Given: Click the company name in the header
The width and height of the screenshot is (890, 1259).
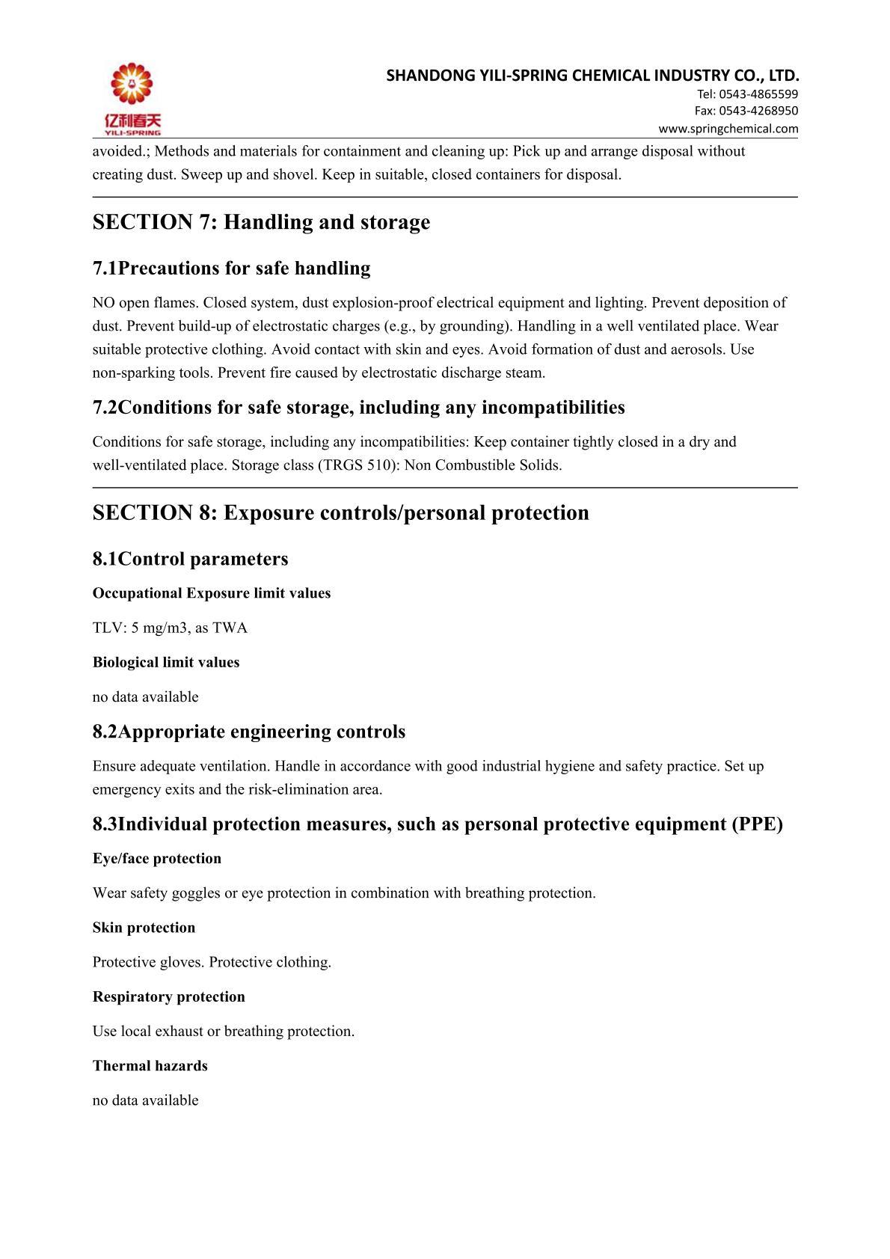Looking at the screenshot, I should pos(592,76).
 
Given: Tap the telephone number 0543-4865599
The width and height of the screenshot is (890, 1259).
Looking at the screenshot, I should pos(758,94).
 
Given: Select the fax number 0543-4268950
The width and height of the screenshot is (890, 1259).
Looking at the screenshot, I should pos(758,111).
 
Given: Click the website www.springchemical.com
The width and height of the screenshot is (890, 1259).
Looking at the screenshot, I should pos(728,129).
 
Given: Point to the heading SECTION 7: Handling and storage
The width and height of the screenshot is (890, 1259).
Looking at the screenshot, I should pos(261,222).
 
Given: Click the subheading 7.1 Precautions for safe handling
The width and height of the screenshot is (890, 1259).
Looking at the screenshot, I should pos(231,268).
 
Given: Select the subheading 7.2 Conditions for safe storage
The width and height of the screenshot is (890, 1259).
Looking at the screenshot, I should pos(358,407).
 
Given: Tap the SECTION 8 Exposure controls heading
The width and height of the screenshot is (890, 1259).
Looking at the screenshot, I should pos(340,513).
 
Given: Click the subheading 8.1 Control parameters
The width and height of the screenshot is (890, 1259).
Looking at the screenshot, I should pos(190,559).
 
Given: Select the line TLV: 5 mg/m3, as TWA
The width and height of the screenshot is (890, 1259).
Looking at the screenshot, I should pos(170,628).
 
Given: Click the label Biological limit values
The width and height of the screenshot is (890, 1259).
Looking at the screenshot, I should pos(166,662).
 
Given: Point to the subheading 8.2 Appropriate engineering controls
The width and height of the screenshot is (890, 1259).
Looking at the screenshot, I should pos(248,732).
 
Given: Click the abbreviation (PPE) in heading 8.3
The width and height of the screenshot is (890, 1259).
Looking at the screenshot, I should pos(757,824).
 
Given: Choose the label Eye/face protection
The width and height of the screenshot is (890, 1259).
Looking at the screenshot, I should pos(157,859).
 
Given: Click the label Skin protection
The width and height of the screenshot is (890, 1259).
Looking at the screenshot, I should pos(144,928).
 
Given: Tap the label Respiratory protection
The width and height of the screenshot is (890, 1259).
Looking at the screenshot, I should pos(168,996).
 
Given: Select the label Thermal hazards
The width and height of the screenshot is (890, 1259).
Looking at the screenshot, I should pos(150,1066).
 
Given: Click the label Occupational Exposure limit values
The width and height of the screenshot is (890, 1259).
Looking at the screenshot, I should pos(211,593).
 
